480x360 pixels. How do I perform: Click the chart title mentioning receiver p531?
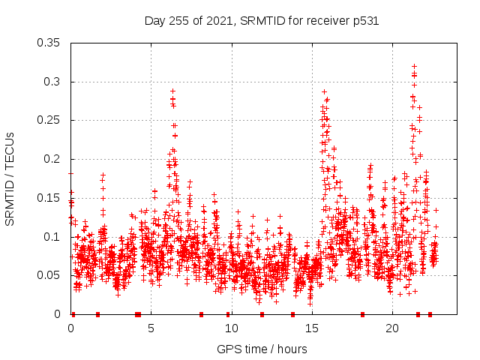click(x=261, y=21)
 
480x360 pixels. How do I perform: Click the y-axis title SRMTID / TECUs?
click(x=10, y=178)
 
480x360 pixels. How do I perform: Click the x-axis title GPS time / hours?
click(x=262, y=349)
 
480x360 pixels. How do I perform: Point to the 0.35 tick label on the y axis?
click(x=50, y=43)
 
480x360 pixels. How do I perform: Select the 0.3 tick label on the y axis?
click(x=53, y=82)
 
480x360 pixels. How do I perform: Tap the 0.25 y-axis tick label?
click(x=50, y=120)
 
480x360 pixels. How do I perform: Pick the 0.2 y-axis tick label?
click(x=53, y=159)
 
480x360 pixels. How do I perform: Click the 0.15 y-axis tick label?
click(x=50, y=198)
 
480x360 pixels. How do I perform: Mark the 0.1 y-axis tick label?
click(x=53, y=237)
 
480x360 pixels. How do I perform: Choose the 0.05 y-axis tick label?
click(x=50, y=275)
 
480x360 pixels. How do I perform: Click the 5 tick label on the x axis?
click(x=151, y=328)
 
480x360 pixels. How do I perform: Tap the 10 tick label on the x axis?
click(x=232, y=328)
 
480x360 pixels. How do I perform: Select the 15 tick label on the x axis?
click(x=312, y=328)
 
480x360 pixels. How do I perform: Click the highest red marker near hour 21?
click(x=414, y=67)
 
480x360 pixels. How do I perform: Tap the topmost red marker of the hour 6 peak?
click(x=172, y=91)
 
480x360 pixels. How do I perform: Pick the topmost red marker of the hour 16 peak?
click(x=325, y=92)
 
